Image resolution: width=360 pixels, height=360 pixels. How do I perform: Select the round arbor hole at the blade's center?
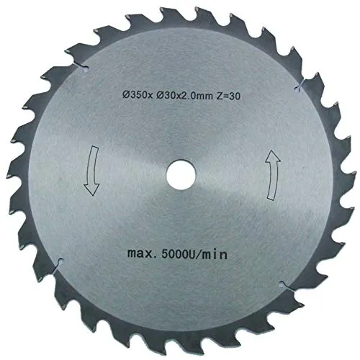point(180,176)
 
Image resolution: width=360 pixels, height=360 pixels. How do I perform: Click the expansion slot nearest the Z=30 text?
point(297,89)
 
